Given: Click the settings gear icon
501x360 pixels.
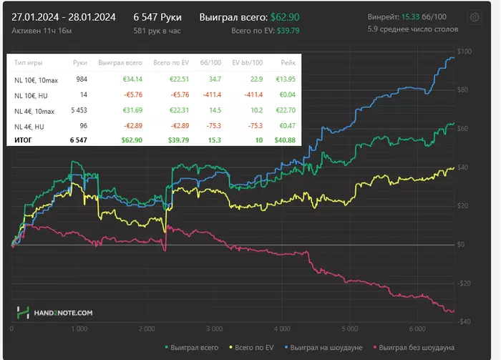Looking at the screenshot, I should coord(474,18).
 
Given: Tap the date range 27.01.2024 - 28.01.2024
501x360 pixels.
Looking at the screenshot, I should coord(64,16).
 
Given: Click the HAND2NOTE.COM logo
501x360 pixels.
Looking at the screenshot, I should coord(55,313).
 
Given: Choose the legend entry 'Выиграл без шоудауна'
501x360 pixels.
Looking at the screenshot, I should coord(417,349).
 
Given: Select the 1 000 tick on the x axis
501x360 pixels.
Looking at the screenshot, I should coord(79,330).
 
